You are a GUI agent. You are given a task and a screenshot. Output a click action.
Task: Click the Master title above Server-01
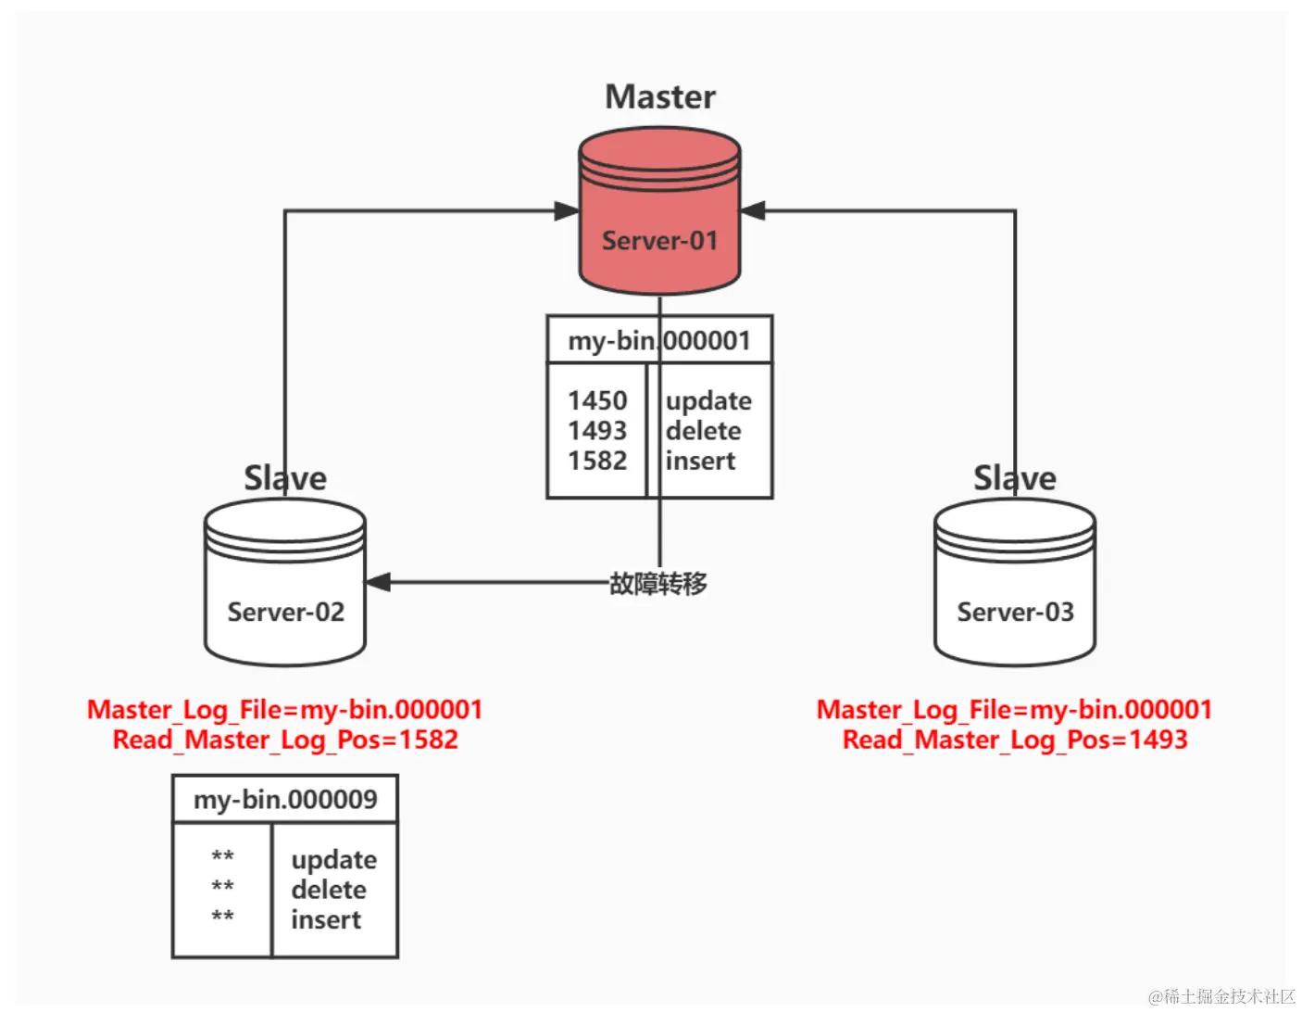(660, 97)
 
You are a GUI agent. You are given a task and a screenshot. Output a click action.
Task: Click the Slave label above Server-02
(285, 478)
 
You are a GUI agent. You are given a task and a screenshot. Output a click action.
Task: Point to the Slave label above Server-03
(1015, 478)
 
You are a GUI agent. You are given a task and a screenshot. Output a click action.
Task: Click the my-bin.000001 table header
(659, 340)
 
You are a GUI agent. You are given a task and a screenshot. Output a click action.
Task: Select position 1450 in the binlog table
(597, 400)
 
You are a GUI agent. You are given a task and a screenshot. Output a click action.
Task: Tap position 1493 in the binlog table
(597, 431)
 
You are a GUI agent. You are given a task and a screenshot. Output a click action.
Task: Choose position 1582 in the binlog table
(597, 461)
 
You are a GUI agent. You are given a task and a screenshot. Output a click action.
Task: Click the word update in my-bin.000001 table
(708, 401)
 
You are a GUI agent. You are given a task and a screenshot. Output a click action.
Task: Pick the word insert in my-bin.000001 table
(700, 461)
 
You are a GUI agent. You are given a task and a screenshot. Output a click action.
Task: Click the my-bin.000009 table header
(285, 799)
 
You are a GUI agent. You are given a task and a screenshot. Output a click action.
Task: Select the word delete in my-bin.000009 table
(329, 890)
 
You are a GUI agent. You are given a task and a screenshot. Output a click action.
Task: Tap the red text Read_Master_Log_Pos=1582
(285, 740)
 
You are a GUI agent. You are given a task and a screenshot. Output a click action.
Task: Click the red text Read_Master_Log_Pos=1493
(1015, 740)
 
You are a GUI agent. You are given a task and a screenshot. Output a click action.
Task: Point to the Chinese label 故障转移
(658, 584)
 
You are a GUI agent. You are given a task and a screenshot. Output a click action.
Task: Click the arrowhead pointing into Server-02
(378, 582)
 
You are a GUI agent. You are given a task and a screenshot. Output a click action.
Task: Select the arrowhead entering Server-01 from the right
(753, 211)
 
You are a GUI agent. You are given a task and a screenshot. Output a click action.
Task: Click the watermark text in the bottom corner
(1221, 996)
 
